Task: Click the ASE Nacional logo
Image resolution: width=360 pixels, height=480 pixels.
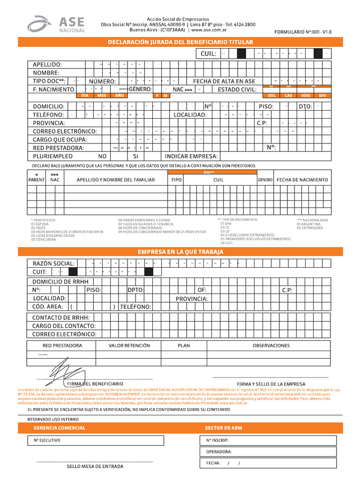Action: coord(56,24)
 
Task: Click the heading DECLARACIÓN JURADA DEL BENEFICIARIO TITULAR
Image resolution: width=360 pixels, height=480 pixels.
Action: coord(180,42)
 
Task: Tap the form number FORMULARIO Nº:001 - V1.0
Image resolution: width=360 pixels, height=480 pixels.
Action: coord(303,32)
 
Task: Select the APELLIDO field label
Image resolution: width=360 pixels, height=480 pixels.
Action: coord(47,64)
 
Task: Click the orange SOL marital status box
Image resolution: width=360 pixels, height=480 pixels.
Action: coord(271,95)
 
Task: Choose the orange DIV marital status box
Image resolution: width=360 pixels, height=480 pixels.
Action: coord(322,95)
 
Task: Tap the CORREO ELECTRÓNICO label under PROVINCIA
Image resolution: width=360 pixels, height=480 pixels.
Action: coord(65,131)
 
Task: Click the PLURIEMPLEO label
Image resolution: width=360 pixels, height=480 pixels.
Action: coord(52,156)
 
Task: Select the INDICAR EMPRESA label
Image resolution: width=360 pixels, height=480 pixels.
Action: coord(191,156)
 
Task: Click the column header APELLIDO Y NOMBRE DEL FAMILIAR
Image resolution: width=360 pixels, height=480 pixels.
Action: coord(115,180)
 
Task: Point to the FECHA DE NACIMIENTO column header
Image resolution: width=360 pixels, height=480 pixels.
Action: coord(302,180)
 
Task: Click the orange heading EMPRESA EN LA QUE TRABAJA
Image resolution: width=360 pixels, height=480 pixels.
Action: coord(180,252)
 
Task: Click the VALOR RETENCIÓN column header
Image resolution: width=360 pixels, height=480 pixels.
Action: coord(129,345)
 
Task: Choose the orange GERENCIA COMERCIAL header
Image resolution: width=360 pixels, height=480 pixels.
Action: coord(59,428)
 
